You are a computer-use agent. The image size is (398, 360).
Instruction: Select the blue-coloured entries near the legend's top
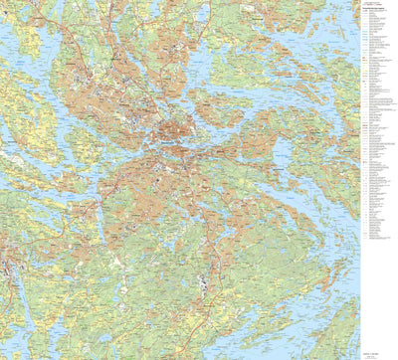point(372,40)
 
